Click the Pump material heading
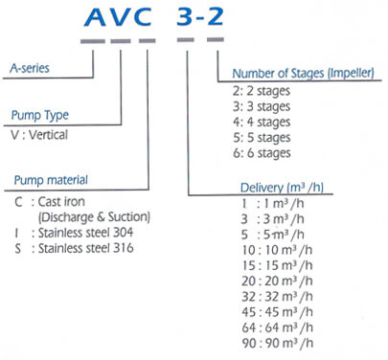[50, 180]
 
